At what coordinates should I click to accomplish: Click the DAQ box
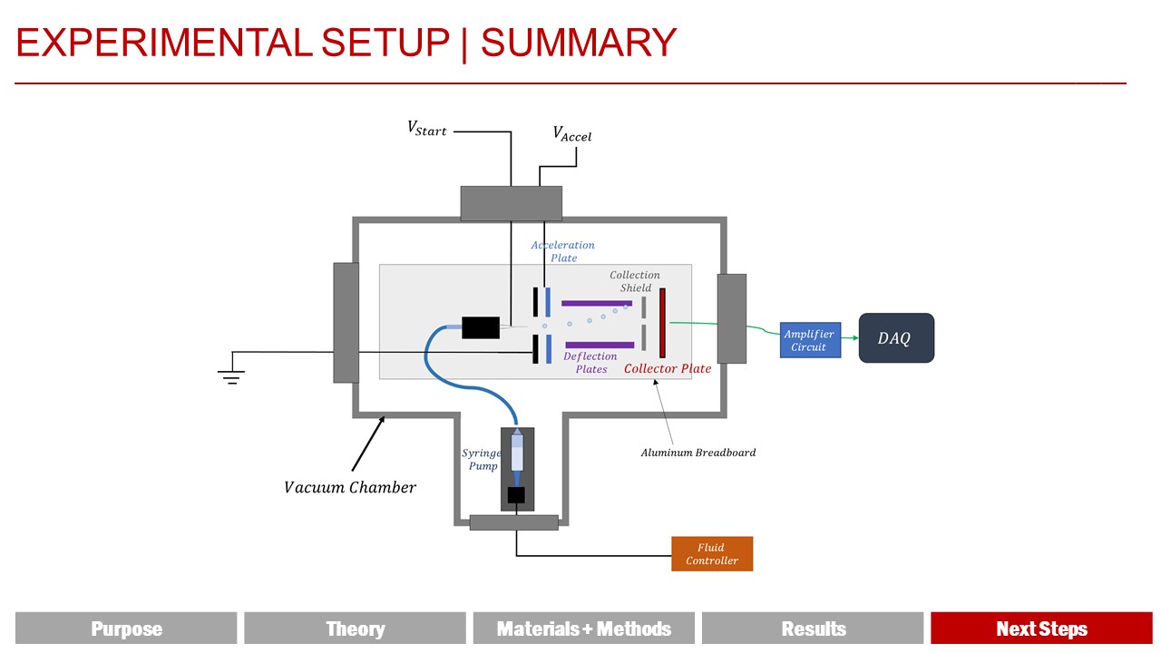click(896, 338)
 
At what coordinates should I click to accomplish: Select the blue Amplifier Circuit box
click(810, 340)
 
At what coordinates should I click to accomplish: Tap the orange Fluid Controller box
click(712, 554)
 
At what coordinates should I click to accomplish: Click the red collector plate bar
click(662, 323)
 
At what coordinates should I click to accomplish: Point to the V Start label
click(426, 129)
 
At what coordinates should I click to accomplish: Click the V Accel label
click(572, 134)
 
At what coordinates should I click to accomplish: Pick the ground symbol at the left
click(232, 376)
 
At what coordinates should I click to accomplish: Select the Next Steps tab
click(1041, 629)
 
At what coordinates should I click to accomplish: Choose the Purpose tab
click(126, 629)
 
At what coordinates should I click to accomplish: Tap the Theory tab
click(355, 629)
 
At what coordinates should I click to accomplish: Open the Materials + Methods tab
click(584, 629)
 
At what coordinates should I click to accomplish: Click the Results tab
click(814, 629)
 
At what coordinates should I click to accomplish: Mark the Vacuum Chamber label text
click(350, 488)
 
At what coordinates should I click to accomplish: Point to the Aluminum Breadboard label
click(698, 453)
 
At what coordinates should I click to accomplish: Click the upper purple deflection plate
click(597, 303)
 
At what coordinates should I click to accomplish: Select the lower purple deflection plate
click(600, 345)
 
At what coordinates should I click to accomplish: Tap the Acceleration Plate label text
click(563, 251)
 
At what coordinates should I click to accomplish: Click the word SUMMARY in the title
click(579, 43)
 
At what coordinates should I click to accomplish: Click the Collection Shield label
click(635, 281)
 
